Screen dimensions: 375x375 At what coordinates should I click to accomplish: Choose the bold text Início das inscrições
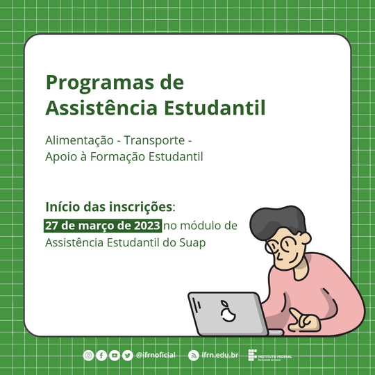pyautogui.click(x=109, y=207)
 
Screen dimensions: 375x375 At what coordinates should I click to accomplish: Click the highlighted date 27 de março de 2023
pyautogui.click(x=103, y=226)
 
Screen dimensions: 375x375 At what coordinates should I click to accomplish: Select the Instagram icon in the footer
pyautogui.click(x=88, y=356)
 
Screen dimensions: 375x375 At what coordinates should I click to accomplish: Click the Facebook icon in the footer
pyautogui.click(x=101, y=356)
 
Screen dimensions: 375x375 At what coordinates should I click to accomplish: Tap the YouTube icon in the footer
pyautogui.click(x=115, y=356)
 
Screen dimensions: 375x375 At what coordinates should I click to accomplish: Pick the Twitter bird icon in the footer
pyautogui.click(x=127, y=356)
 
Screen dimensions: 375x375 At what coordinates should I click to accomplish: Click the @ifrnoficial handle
pyautogui.click(x=156, y=356)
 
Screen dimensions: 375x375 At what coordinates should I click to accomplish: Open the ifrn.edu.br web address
pyautogui.click(x=220, y=356)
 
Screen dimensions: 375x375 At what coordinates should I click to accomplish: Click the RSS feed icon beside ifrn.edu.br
pyautogui.click(x=194, y=356)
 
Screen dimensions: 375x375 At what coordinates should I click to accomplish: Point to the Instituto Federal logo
pyautogui.click(x=269, y=356)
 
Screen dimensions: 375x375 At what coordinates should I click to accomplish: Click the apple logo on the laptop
pyautogui.click(x=226, y=312)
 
